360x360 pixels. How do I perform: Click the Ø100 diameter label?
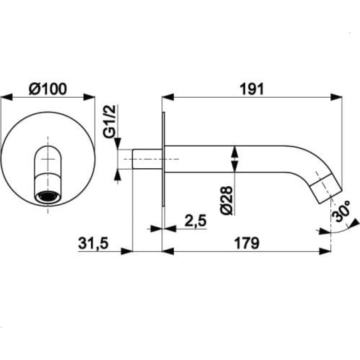(x=48, y=89)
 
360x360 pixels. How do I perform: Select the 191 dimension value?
(x=252, y=89)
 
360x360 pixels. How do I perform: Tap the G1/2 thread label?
(x=110, y=121)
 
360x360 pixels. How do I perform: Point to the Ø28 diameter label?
(x=227, y=200)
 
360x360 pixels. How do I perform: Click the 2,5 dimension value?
(x=196, y=220)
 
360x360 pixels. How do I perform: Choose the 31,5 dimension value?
(x=93, y=243)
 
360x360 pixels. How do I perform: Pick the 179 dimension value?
(x=247, y=243)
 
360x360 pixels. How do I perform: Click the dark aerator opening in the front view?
(x=48, y=197)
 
